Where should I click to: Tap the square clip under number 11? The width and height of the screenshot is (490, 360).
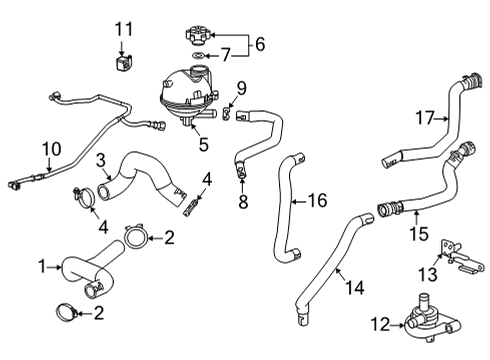[122, 64]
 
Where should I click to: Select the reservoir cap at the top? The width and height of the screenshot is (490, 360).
[199, 35]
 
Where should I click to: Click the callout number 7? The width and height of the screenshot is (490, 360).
[226, 53]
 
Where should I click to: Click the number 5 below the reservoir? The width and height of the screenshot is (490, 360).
[203, 144]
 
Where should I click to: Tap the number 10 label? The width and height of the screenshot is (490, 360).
[45, 151]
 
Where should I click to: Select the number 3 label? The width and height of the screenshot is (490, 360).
[101, 160]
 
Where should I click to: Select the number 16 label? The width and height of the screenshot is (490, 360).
[317, 201]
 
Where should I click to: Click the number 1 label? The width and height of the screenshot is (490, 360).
[42, 267]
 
